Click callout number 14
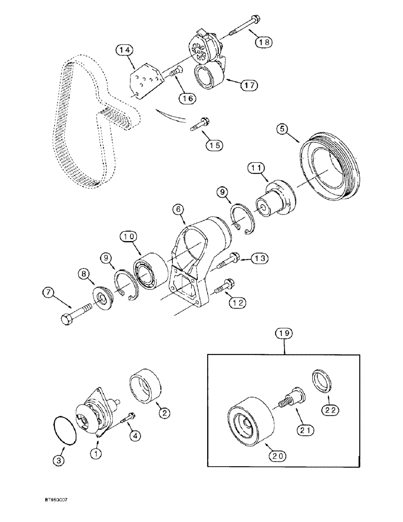(x=124, y=50)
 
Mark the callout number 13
(x=260, y=258)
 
